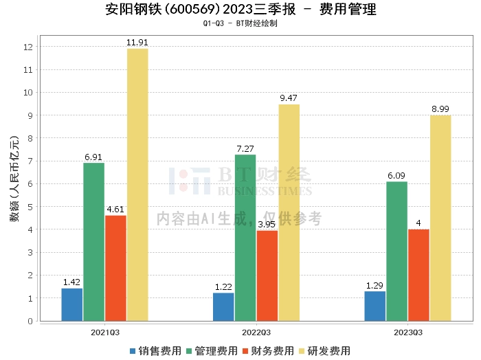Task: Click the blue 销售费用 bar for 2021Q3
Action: point(71,304)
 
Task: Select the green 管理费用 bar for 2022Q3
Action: point(245,238)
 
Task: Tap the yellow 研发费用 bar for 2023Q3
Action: point(440,218)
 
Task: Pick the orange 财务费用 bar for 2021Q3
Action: point(115,268)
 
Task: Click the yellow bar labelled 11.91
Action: point(137,184)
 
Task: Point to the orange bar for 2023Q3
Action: point(418,275)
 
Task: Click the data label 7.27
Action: point(245,148)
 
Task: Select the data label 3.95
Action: point(267,224)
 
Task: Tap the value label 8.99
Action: point(440,109)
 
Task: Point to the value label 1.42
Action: point(72,282)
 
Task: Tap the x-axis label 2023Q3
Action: point(407,332)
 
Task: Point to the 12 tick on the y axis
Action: point(29,47)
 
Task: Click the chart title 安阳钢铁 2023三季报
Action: point(240,10)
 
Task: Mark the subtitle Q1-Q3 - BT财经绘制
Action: point(240,23)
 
